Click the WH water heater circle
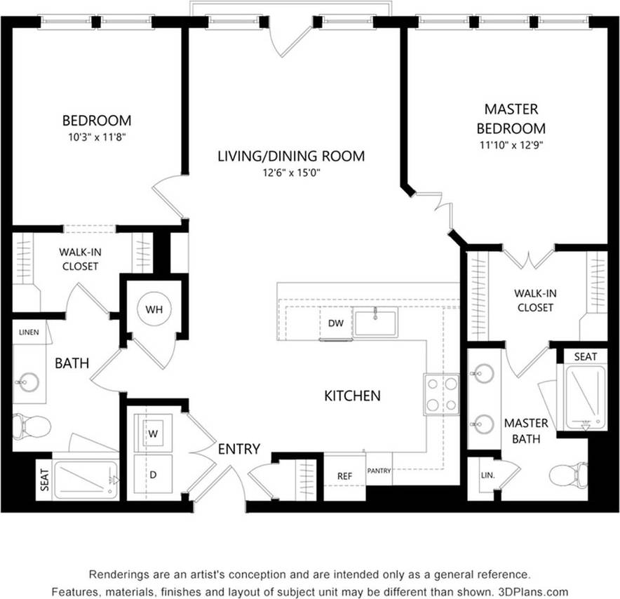[154, 309]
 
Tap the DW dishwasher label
[335, 323]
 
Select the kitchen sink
[375, 323]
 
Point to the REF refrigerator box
[344, 476]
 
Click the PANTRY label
[379, 471]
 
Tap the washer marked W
[152, 433]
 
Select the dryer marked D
[152, 474]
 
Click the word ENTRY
[238, 449]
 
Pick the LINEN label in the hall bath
[29, 332]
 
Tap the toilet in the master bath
[567, 476]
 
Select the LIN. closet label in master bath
[487, 475]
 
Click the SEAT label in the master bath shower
[586, 356]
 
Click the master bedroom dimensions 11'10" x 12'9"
[511, 146]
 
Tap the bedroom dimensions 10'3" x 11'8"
[97, 137]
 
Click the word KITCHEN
[352, 396]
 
